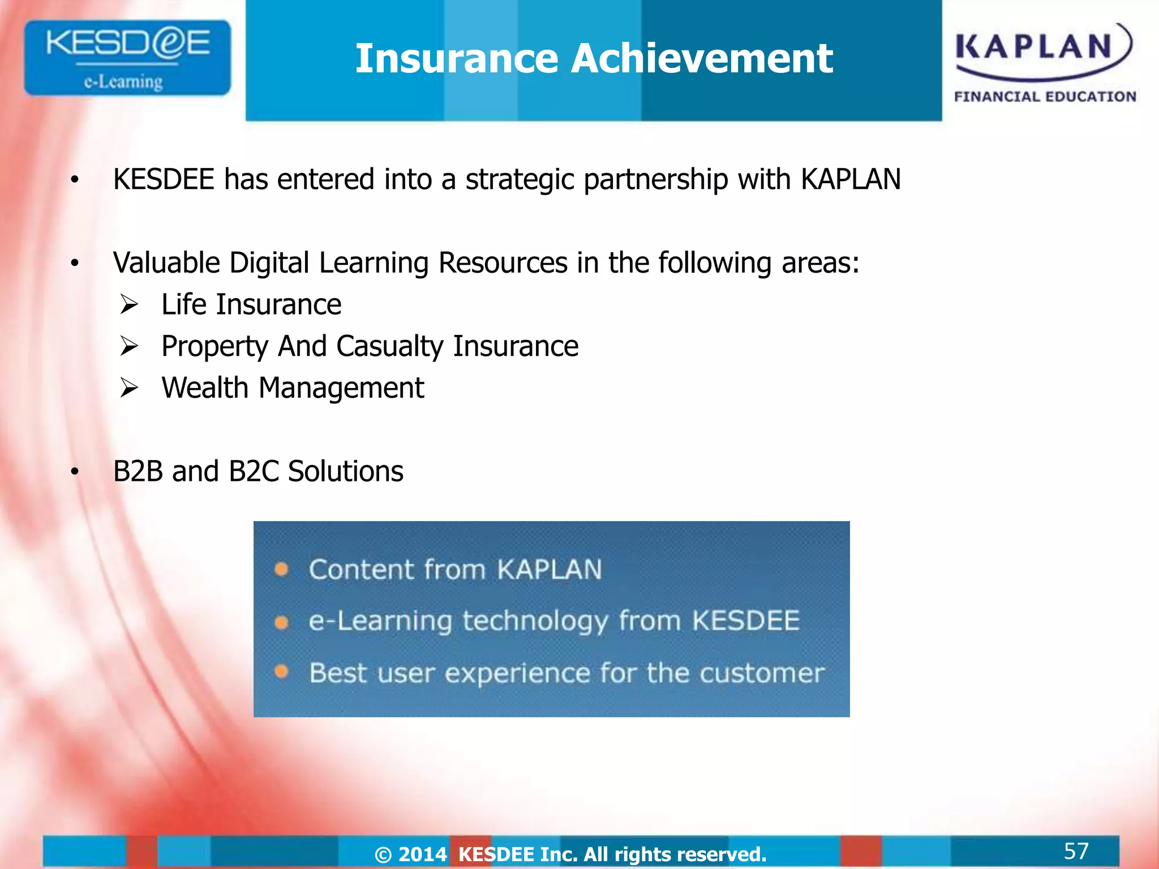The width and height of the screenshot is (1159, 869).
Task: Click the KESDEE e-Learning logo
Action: point(127,58)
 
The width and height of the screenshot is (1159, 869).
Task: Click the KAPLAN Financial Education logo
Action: point(1045,62)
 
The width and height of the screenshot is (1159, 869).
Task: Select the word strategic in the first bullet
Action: point(520,180)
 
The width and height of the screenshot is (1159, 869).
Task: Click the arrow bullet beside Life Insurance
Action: point(129,305)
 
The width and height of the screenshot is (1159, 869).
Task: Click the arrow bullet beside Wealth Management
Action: point(129,388)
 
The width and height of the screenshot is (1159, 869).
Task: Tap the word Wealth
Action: point(205,388)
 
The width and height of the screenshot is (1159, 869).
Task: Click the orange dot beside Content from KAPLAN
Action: point(281,569)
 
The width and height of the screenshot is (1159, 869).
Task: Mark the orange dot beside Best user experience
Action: point(281,672)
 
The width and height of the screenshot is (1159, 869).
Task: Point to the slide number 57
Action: point(1076,851)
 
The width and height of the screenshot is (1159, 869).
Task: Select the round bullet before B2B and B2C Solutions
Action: point(75,472)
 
